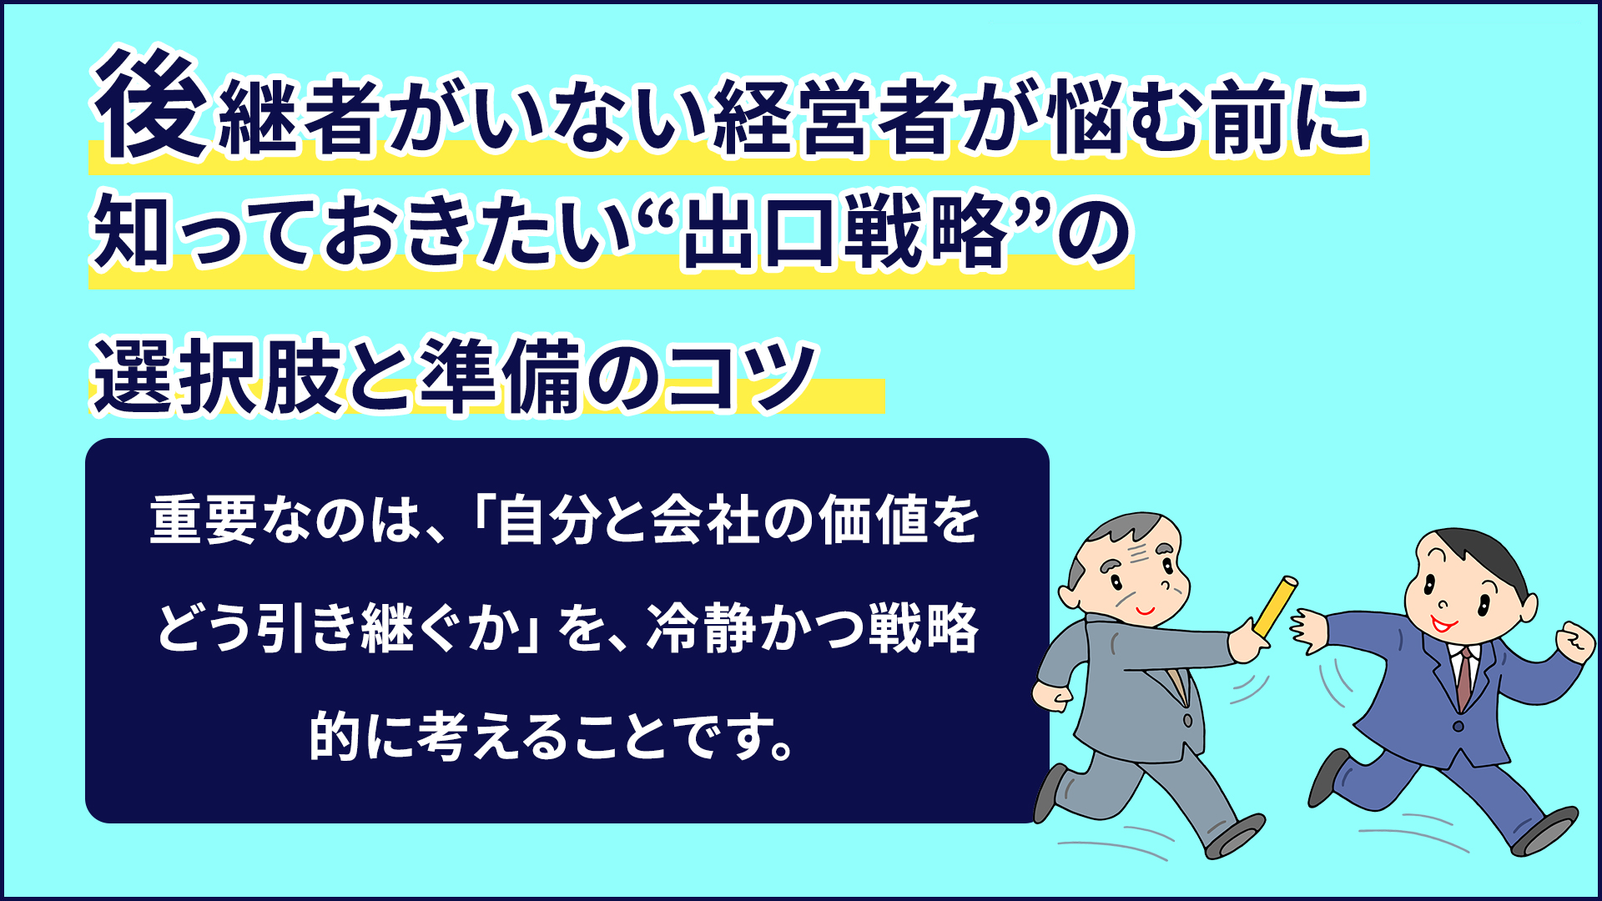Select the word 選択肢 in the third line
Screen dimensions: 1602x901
219,375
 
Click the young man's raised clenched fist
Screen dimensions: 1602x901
1575,642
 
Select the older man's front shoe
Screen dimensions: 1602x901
1236,835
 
